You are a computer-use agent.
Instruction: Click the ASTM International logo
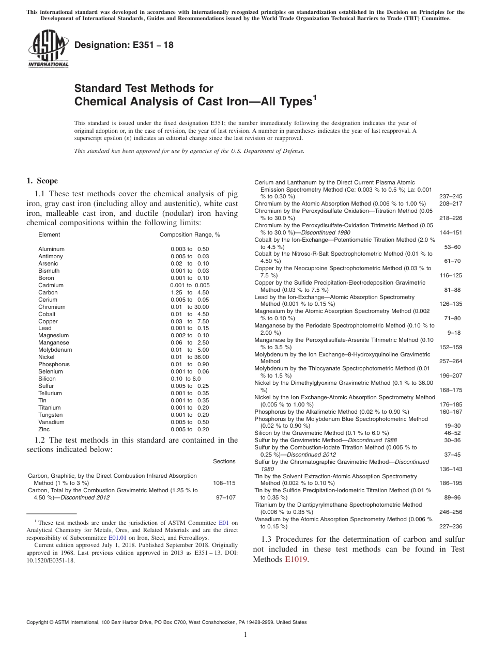click(48, 49)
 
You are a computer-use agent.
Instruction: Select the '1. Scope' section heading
click(42, 181)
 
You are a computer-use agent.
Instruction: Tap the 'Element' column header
click(49, 234)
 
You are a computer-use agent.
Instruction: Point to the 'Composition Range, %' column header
click(190, 234)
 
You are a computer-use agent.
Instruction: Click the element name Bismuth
click(49, 271)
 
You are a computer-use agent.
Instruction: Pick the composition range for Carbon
click(190, 292)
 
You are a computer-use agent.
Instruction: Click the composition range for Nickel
click(190, 357)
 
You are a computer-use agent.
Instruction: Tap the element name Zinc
click(45, 429)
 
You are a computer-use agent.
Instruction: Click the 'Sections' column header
click(224, 461)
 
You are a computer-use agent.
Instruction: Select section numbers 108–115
click(224, 483)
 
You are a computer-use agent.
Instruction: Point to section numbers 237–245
click(450, 196)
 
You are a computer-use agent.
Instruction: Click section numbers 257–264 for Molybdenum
click(450, 362)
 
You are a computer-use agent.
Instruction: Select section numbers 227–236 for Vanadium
click(450, 526)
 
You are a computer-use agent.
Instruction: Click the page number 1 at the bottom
click(245, 635)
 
